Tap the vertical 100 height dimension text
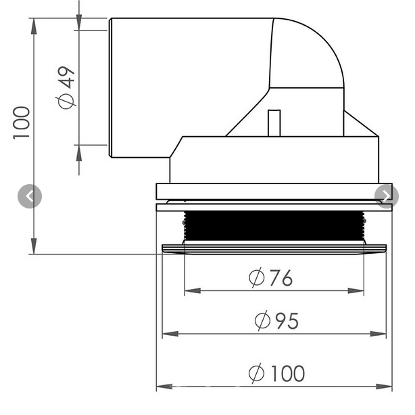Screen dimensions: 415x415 (x=22, y=122)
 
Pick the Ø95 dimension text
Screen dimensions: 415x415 (x=276, y=320)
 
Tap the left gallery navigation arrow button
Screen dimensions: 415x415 (x=29, y=196)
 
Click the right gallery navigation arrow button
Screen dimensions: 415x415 (x=387, y=196)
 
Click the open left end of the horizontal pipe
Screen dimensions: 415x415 (x=110, y=88)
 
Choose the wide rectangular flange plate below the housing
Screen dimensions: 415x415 (x=274, y=191)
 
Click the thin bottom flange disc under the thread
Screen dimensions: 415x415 (x=274, y=248)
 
